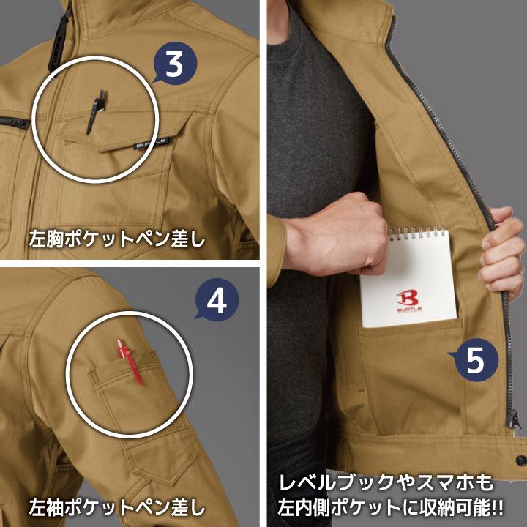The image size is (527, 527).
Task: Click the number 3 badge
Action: tap(174, 64)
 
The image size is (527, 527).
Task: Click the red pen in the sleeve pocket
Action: tap(130, 360)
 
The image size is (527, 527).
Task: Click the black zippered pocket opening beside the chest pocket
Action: tap(14, 122)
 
